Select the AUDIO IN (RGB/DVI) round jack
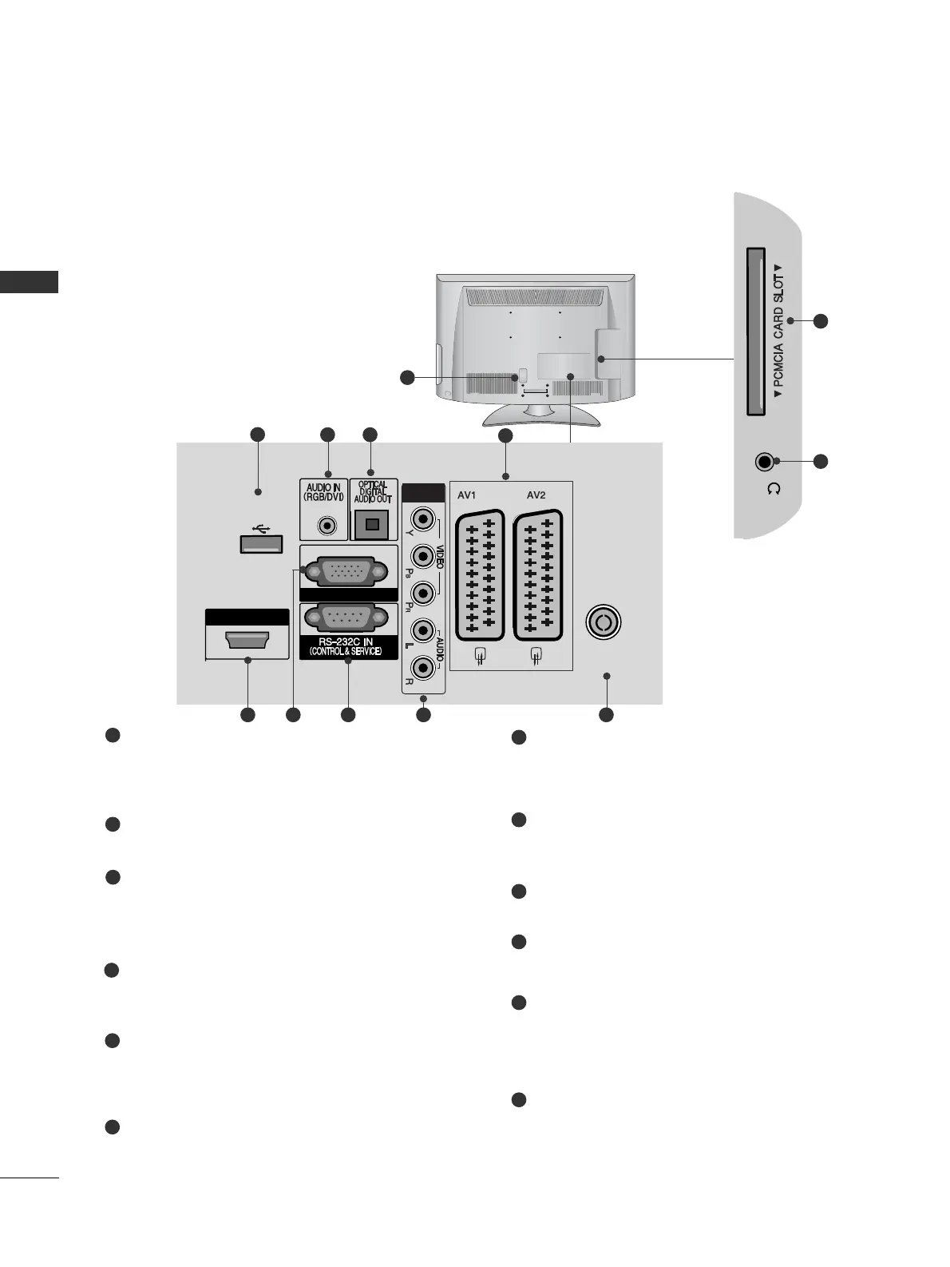327,526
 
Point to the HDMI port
247,641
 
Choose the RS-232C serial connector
347,620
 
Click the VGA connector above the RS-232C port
347,571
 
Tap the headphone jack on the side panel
765,462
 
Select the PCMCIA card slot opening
755,332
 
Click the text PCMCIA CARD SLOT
778,332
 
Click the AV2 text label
536,495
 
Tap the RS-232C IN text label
346,642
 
